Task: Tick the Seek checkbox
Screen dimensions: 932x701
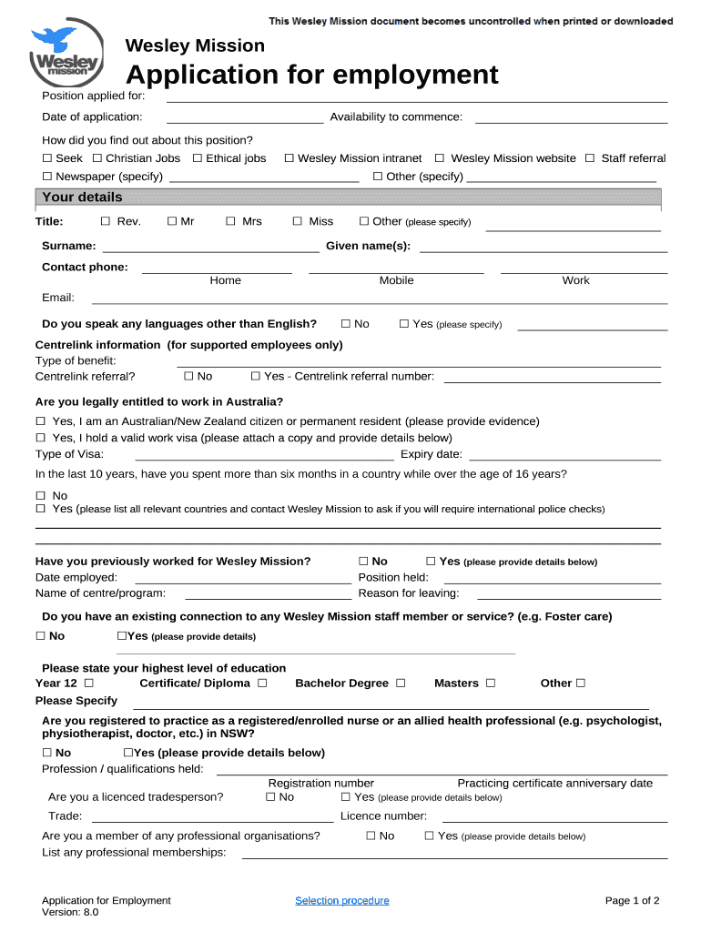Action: point(47,158)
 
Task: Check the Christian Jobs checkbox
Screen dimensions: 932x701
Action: point(97,158)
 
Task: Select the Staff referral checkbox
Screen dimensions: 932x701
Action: point(591,158)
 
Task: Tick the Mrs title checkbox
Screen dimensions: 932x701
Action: point(230,221)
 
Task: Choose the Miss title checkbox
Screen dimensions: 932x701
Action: point(298,221)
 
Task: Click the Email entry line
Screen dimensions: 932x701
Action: point(380,300)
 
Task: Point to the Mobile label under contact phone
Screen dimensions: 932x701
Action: point(396,280)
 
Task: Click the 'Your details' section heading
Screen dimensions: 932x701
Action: point(82,198)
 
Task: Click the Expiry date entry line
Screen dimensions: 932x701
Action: point(564,458)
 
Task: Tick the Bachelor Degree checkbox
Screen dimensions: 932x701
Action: point(401,684)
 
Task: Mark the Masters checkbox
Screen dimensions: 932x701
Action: point(491,684)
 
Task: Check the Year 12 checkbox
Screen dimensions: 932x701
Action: point(88,684)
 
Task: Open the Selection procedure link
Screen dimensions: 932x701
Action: point(341,901)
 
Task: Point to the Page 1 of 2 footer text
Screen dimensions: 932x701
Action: point(632,901)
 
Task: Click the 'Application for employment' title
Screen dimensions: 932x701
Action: point(311,75)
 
